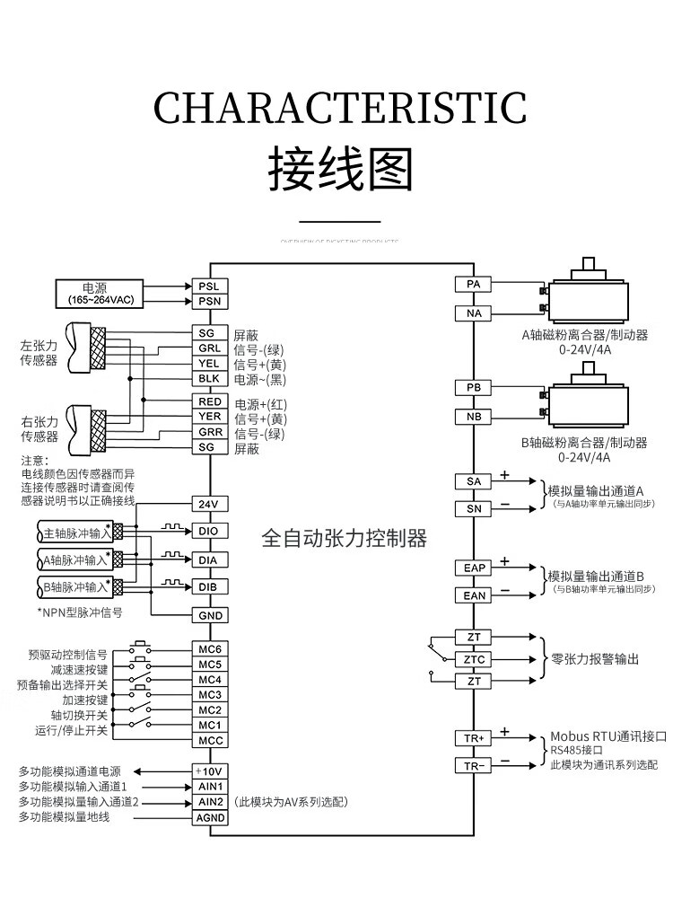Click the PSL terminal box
coord(209,286)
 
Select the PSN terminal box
coord(209,301)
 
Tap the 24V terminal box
coord(209,504)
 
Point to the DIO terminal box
coord(209,532)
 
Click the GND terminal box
coord(209,615)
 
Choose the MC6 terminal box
coord(209,648)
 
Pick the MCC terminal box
coord(209,741)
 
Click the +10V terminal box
coord(209,771)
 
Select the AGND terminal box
coord(209,817)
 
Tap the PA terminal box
coord(474,285)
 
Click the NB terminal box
coord(474,417)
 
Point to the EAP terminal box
coord(474,568)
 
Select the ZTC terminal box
coord(474,659)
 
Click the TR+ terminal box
coord(474,738)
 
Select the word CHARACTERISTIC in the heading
coord(340,109)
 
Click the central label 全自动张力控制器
coord(344,539)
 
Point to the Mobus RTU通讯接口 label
coord(608,735)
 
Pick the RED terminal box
coord(209,402)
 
